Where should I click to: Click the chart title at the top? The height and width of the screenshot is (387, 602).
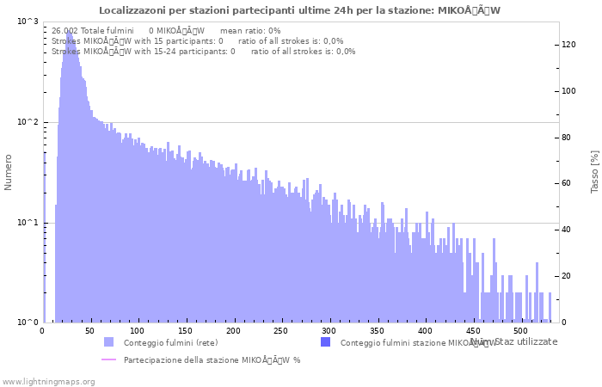click(299, 10)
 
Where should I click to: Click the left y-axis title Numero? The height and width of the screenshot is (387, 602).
click(9, 172)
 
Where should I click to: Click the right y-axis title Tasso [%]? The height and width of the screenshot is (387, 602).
click(594, 171)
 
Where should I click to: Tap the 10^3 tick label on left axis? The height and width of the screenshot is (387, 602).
click(28, 21)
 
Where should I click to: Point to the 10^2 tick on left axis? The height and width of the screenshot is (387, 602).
click(28, 122)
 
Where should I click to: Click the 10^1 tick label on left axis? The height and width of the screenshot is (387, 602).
click(28, 223)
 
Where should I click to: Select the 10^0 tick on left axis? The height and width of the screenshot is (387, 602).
click(28, 322)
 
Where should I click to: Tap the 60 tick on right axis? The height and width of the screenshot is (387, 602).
click(567, 183)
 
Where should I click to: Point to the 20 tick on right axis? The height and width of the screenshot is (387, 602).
click(567, 276)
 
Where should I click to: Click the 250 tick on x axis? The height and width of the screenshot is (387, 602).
click(280, 331)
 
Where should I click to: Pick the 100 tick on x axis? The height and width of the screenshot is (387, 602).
click(138, 331)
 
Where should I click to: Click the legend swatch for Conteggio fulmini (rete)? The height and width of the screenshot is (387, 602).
click(108, 342)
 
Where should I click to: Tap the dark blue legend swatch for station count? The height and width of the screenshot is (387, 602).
click(325, 342)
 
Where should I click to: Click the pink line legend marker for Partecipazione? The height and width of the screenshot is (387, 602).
click(108, 359)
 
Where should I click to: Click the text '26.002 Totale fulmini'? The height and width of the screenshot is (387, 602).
click(92, 30)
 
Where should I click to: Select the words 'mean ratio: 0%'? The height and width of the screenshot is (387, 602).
click(250, 30)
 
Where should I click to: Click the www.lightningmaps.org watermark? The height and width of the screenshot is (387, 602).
click(48, 381)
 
